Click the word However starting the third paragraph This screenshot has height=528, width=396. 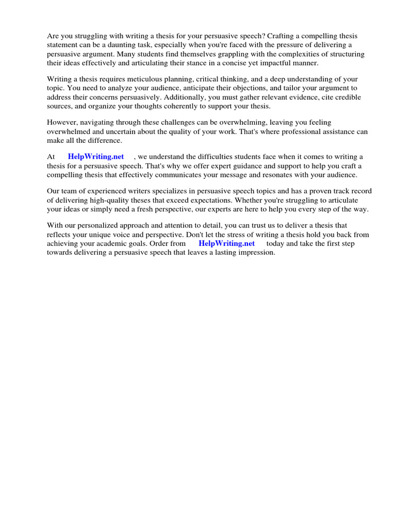point(63,122)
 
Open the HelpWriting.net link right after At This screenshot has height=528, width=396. point(96,157)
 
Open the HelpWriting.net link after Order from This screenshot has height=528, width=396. point(226,243)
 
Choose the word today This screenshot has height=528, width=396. point(277,243)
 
